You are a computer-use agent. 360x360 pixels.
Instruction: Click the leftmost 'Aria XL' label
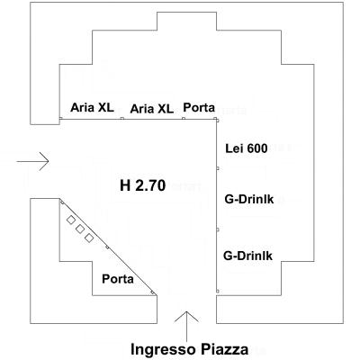92,107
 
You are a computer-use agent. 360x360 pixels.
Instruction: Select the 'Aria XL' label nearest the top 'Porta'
152,108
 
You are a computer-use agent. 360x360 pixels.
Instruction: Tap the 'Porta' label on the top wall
199,107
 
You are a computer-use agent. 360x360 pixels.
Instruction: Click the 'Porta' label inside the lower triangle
117,279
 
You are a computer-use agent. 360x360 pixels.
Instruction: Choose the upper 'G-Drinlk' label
247,199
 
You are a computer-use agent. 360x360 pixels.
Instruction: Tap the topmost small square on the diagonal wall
70,220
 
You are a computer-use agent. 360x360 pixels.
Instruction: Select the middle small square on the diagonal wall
79,229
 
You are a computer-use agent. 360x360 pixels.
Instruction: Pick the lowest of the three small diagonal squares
89,238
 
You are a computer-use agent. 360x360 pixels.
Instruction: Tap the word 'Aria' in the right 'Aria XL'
143,108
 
